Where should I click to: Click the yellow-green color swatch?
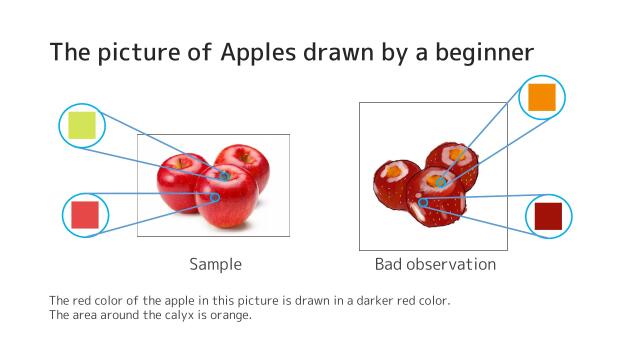[x=82, y=125]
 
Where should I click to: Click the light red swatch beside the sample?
[x=84, y=215]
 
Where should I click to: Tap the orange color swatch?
[x=541, y=97]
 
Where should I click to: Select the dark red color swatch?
[x=549, y=216]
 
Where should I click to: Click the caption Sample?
[x=215, y=265]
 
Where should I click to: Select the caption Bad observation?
[x=435, y=265]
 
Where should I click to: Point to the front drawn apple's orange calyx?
[x=439, y=182]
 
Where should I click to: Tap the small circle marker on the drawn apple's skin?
[x=423, y=202]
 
